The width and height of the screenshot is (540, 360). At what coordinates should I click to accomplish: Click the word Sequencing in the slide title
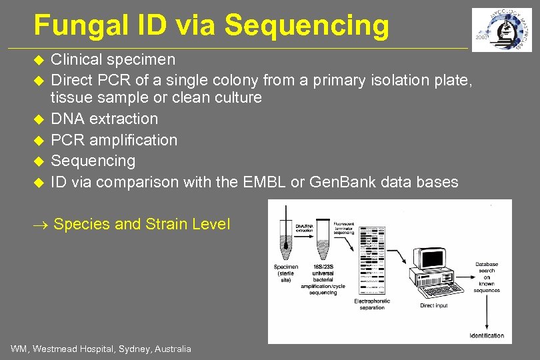click(307, 25)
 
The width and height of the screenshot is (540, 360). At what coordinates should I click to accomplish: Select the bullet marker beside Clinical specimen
click(38, 60)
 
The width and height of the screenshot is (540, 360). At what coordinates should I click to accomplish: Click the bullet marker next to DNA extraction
click(38, 119)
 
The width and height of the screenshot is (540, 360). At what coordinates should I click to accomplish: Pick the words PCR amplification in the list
click(114, 140)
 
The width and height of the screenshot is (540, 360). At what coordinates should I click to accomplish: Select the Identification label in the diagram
click(487, 335)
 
